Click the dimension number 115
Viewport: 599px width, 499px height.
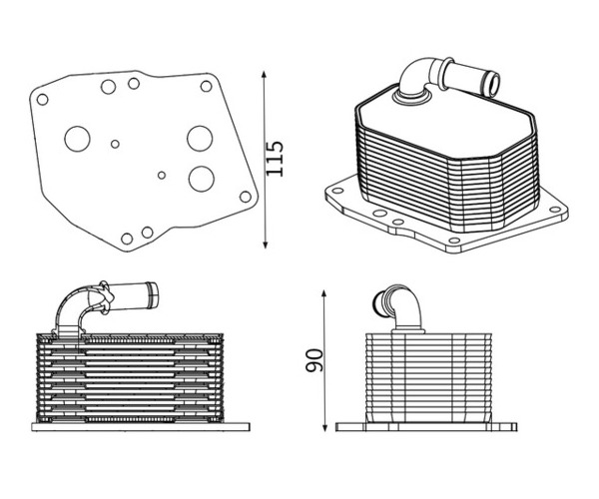coord(276,159)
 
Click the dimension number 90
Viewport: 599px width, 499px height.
coord(315,359)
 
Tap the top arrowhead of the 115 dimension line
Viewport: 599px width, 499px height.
coord(264,74)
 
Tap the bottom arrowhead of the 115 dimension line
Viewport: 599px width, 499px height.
coord(266,245)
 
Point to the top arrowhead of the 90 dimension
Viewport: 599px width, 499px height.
coord(323,293)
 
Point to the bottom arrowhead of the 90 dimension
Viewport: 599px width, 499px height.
coord(324,427)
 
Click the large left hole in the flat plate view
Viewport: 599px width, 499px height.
coord(77,139)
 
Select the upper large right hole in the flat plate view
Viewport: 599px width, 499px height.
coord(200,138)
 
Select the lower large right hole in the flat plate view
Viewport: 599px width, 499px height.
coord(202,179)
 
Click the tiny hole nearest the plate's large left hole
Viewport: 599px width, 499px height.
coord(115,144)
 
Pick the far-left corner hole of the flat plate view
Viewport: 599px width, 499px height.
coord(42,99)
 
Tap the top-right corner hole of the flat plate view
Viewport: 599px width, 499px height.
coord(206,86)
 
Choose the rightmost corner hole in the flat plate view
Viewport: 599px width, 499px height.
coord(246,197)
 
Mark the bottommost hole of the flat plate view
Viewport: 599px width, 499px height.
coord(127,239)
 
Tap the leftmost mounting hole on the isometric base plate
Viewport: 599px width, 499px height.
coord(338,191)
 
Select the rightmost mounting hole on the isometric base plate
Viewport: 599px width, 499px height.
coord(555,210)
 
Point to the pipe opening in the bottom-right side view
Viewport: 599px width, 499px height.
coord(379,302)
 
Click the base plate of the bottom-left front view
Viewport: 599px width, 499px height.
coord(141,427)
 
